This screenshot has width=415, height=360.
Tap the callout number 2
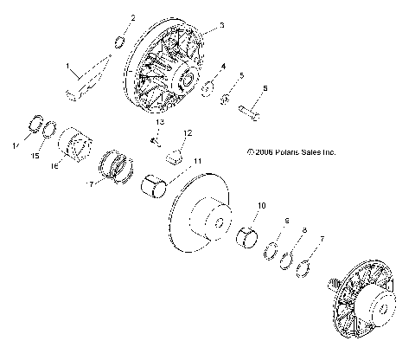pyautogui.click(x=132, y=17)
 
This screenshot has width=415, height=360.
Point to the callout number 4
pyautogui.click(x=223, y=67)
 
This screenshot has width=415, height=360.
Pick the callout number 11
pyautogui.click(x=197, y=161)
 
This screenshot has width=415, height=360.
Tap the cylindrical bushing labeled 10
pyautogui.click(x=249, y=236)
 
